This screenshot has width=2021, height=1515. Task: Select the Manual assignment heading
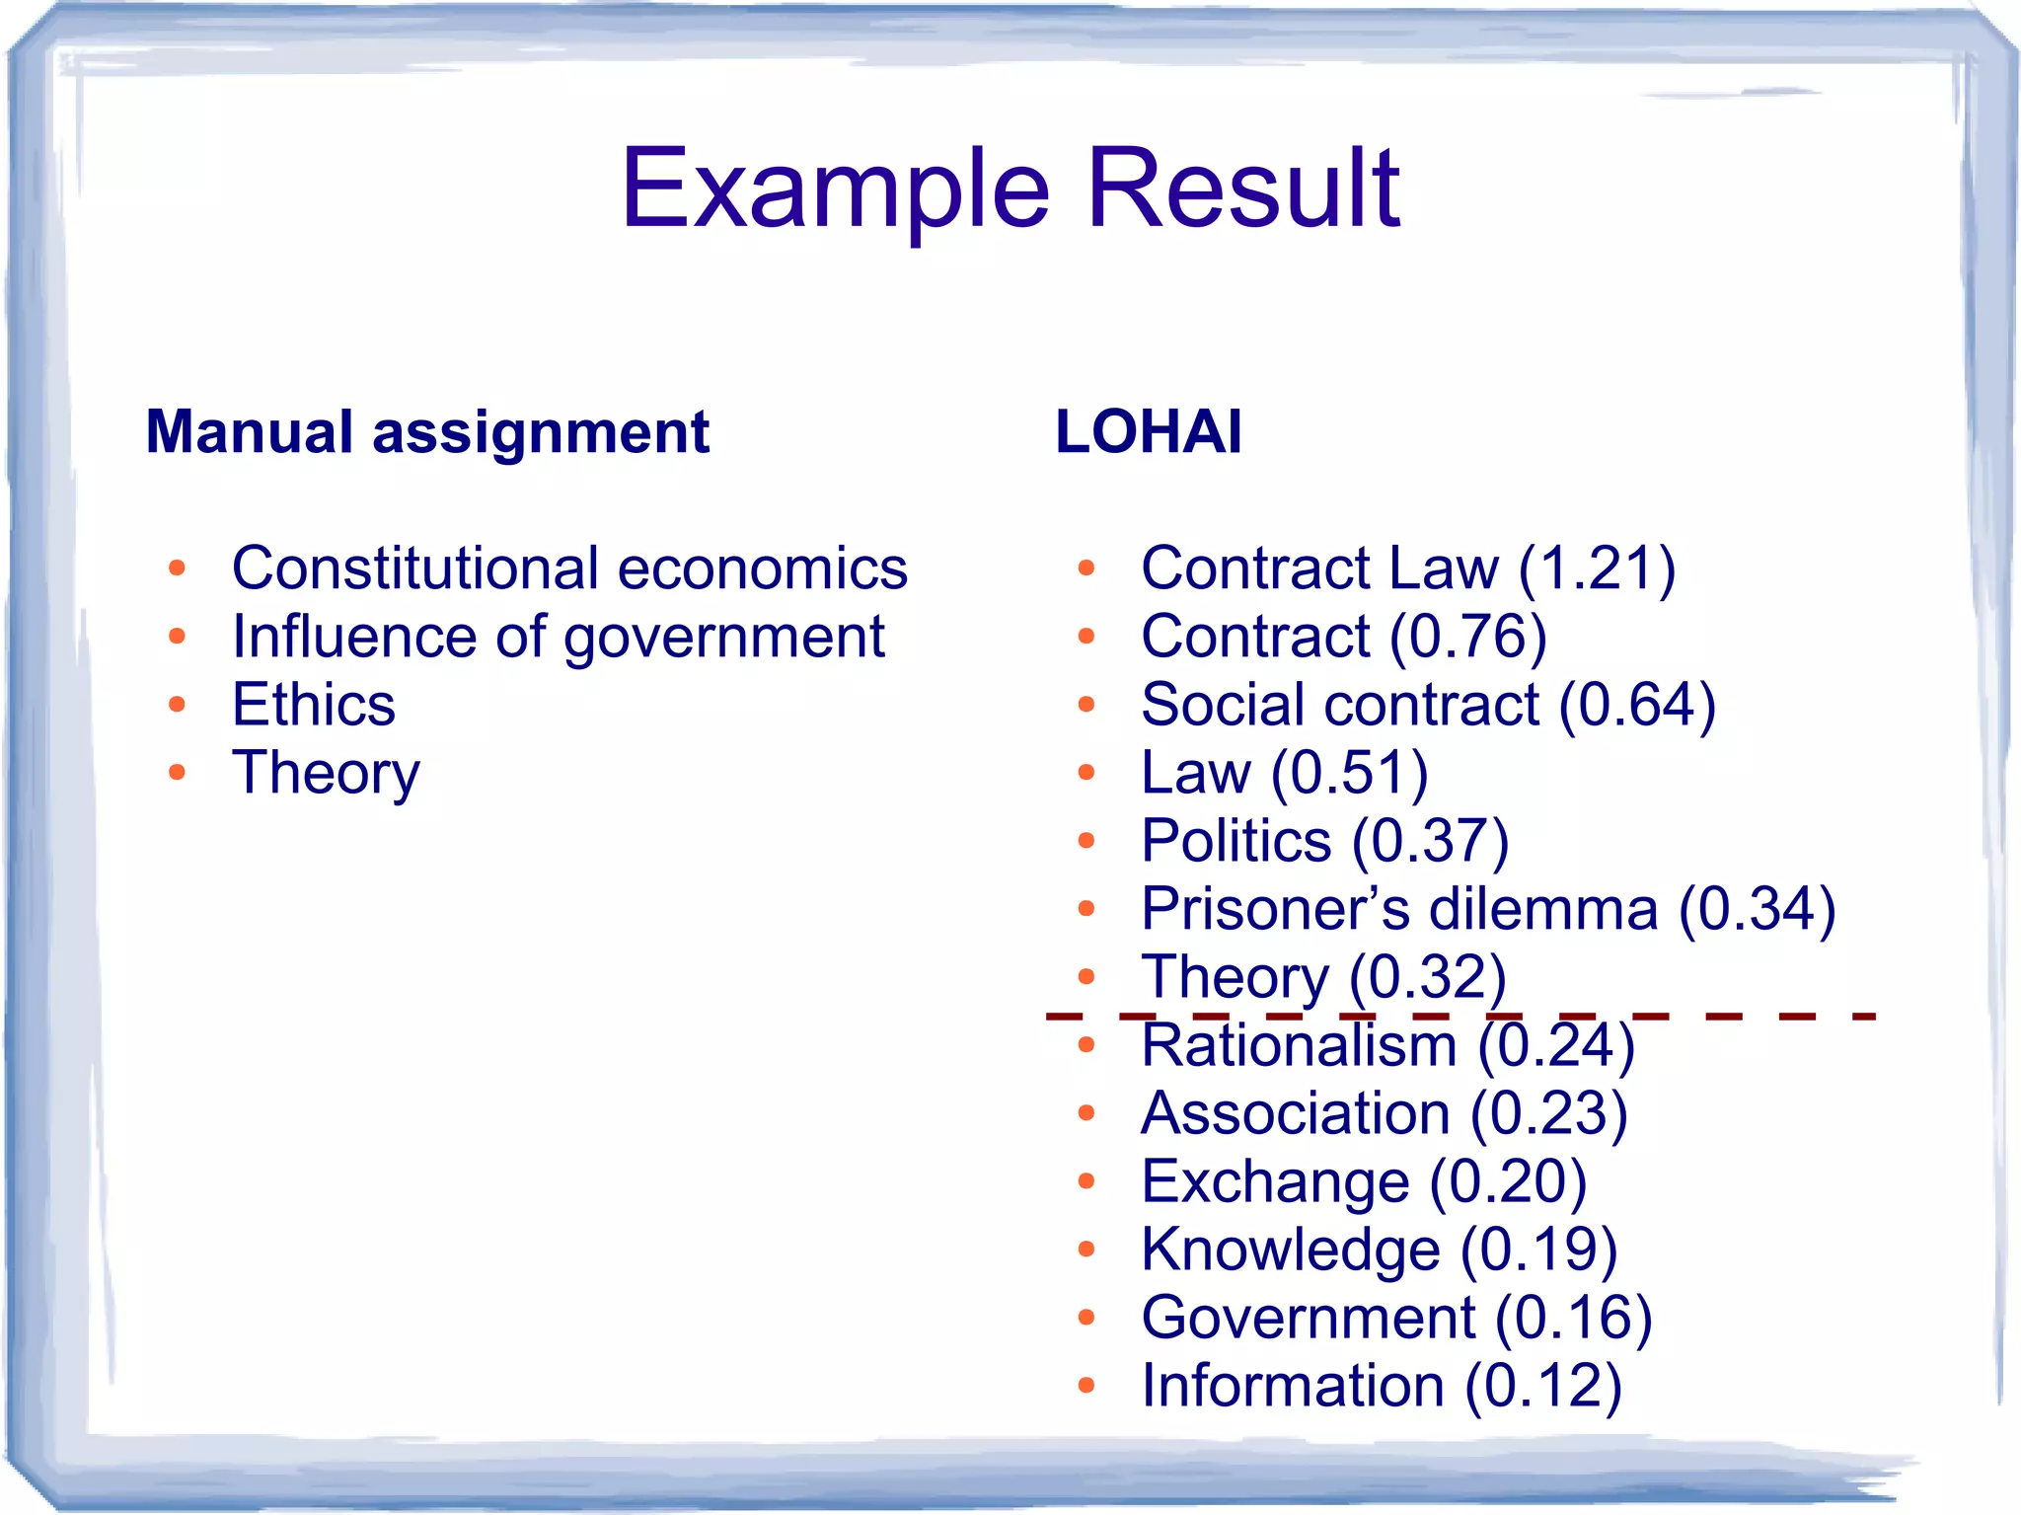click(427, 432)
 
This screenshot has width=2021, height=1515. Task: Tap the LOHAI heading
click(1148, 432)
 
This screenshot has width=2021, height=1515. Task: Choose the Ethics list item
click(313, 705)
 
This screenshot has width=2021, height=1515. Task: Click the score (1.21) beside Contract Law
click(1596, 569)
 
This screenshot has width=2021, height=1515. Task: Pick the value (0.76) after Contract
click(1467, 637)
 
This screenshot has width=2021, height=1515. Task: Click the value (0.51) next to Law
click(1349, 773)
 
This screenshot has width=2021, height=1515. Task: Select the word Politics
click(1235, 841)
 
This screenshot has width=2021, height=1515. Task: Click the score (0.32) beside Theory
click(1427, 977)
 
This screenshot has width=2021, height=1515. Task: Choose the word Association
click(1295, 1113)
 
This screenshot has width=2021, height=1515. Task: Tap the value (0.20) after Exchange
click(1508, 1181)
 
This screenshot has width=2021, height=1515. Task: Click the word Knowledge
click(1290, 1250)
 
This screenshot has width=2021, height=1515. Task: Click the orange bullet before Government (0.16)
click(1086, 1318)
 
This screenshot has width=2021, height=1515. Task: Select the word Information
click(1293, 1386)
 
